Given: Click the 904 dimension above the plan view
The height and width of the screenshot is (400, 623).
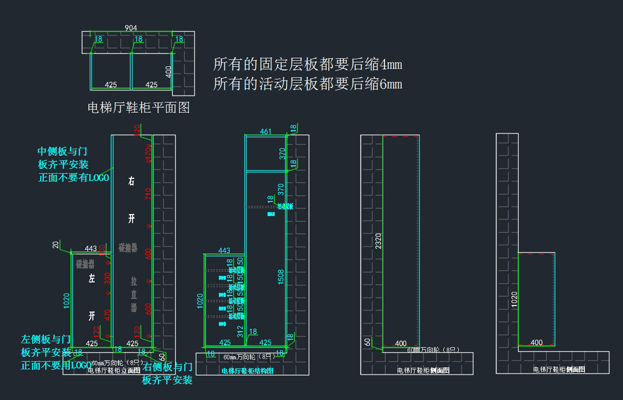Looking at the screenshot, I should pos(131,28).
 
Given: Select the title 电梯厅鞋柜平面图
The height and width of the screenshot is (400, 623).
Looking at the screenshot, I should pos(139,108).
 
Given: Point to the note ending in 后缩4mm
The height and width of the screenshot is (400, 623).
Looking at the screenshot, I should pos(307,65).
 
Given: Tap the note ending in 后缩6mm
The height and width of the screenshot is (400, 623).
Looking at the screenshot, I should pos(307,84).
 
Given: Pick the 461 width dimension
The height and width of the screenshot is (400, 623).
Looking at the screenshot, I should pos(265,132).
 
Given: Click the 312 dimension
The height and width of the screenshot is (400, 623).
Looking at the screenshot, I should pos(240,331).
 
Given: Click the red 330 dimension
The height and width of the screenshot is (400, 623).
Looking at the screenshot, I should pos(107,278).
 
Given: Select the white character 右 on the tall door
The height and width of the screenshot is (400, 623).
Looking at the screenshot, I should pos(132,181).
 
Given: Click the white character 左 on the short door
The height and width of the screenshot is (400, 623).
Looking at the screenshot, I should pos(92,279).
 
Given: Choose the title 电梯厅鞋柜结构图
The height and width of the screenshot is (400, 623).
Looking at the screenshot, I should pos(247,371).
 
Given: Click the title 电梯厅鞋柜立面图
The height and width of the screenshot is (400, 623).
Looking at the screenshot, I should pos(114,370).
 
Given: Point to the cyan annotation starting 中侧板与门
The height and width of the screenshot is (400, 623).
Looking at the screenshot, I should pos(73,164).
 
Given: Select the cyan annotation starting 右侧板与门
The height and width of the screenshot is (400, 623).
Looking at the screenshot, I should pos(167,374).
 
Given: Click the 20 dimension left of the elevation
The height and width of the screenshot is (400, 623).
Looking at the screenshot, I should pos(55,245).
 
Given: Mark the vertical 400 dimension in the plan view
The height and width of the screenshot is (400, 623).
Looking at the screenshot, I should pos(168,71).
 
